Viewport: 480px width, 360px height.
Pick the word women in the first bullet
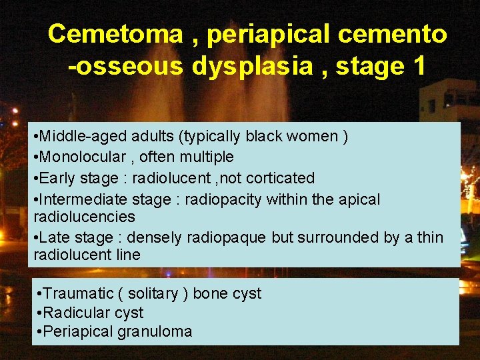[312, 137]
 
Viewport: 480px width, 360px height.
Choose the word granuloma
[156, 331]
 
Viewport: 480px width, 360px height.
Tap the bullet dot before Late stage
[36, 238]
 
